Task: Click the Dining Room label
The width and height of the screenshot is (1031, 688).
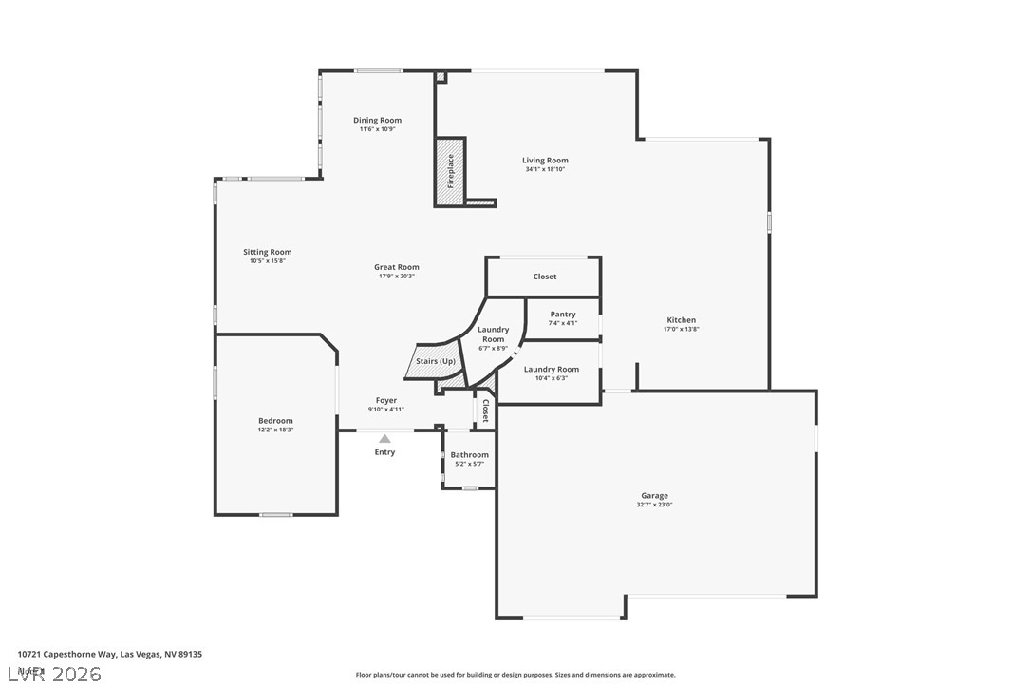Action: coord(377,121)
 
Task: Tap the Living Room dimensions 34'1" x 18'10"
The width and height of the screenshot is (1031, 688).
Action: coord(545,169)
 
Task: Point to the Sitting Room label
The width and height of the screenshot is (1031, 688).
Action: coord(267,252)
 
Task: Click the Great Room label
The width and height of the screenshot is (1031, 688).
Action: coord(396,267)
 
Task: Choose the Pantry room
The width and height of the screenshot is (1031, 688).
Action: coord(563,318)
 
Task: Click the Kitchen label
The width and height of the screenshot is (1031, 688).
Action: coord(681,320)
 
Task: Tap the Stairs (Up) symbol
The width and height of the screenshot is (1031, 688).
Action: coord(436,362)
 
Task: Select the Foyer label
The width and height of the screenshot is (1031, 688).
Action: coord(385,400)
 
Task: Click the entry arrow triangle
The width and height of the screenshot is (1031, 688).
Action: coord(384,439)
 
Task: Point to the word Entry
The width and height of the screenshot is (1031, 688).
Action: coord(384,452)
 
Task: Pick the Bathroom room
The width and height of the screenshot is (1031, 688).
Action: coord(469,459)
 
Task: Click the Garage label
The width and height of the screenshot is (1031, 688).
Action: coord(654,495)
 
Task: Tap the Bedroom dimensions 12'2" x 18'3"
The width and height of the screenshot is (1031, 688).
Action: coord(275,430)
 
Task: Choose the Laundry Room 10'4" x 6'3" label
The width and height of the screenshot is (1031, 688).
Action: coord(552,370)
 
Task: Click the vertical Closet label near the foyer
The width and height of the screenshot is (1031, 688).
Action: coord(485,411)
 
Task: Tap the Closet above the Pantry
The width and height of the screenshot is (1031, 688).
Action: coord(545,277)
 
